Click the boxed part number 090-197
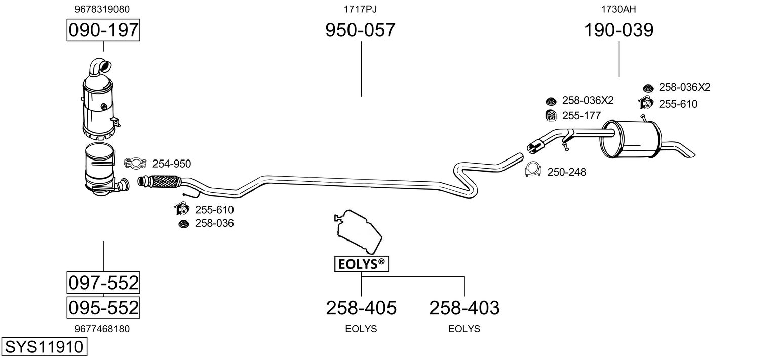[x=103, y=30]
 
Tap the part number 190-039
[x=619, y=30]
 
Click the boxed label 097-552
[x=103, y=283]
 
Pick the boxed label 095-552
[x=103, y=307]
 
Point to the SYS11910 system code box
[x=44, y=347]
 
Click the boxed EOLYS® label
[x=361, y=264]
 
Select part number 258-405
[x=361, y=307]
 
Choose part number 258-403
[x=464, y=307]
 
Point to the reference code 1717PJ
[x=360, y=9]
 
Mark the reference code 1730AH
[x=618, y=9]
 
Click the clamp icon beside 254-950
[x=135, y=163]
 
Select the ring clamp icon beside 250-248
[x=532, y=171]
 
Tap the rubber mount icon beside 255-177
[x=551, y=115]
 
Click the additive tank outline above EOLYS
[x=358, y=231]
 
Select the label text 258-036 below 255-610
[x=214, y=223]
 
